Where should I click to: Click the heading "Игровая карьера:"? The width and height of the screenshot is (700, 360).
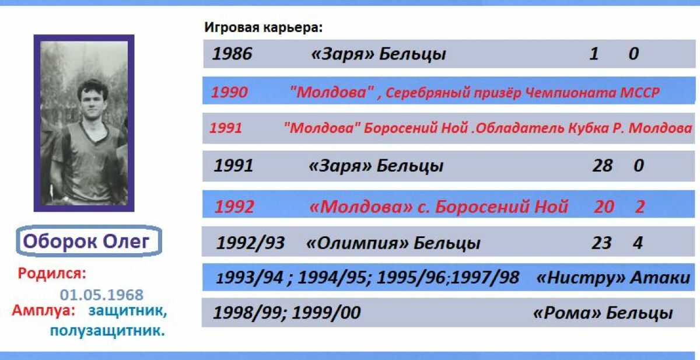(263, 27)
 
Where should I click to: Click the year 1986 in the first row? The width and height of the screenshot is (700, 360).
(232, 54)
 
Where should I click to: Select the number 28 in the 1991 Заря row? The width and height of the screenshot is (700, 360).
(602, 165)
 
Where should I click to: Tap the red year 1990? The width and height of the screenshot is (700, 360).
(230, 92)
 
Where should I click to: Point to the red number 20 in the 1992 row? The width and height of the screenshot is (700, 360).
(604, 207)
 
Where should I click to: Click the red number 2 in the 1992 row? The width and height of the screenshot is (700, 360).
(640, 207)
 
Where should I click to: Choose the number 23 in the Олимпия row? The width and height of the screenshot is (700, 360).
(601, 243)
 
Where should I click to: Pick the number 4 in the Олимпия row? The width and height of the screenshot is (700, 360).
(638, 243)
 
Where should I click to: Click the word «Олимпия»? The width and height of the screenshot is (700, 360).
(357, 243)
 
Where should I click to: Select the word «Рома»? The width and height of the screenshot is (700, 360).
(567, 313)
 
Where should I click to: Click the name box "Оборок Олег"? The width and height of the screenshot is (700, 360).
(89, 241)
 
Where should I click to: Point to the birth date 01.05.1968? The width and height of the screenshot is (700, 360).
(101, 295)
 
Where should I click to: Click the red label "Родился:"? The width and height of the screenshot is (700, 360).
(52, 274)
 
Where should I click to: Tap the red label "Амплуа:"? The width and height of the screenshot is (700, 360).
(44, 310)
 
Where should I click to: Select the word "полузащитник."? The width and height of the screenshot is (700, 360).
(107, 330)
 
